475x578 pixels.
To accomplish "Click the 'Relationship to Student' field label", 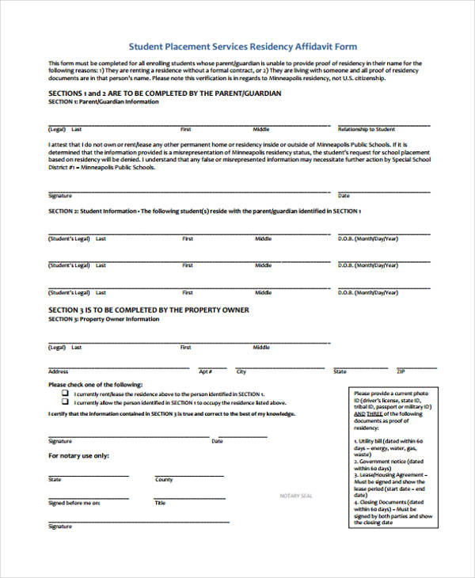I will (367, 128).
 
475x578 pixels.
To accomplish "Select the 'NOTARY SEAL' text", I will (296, 496).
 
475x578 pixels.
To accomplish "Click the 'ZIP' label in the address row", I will (401, 371).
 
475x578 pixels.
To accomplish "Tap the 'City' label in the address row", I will (241, 371).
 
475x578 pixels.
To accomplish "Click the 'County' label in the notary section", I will (164, 480).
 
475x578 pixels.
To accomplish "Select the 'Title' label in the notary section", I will (160, 503).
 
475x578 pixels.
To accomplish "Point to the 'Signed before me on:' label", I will (74, 503).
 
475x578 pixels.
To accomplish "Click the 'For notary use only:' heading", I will (79, 456).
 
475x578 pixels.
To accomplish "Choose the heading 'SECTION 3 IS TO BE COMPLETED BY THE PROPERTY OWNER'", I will (149, 310).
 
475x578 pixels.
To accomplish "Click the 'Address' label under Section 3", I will (59, 371).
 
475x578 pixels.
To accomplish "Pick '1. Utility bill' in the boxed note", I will (371, 439).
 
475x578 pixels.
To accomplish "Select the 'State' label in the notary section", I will (55, 480).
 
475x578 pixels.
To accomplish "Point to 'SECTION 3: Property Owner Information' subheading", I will (104, 319).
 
